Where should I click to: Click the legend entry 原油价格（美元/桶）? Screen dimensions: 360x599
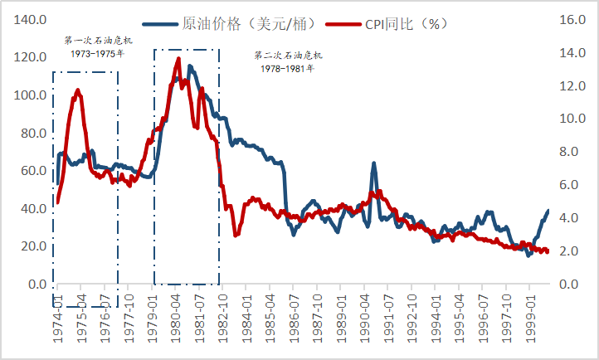pyautogui.click(x=249, y=24)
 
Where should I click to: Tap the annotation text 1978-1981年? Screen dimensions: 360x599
pyautogui.click(x=288, y=68)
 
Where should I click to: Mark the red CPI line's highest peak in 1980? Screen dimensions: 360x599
pyautogui.click(x=178, y=58)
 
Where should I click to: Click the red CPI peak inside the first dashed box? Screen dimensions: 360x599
pyautogui.click(x=78, y=90)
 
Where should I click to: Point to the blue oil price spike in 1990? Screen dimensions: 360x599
pyautogui.click(x=373, y=163)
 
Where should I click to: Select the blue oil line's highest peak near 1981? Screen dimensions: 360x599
pyautogui.click(x=190, y=66)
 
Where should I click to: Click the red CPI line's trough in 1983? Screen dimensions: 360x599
pyautogui.click(x=236, y=236)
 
